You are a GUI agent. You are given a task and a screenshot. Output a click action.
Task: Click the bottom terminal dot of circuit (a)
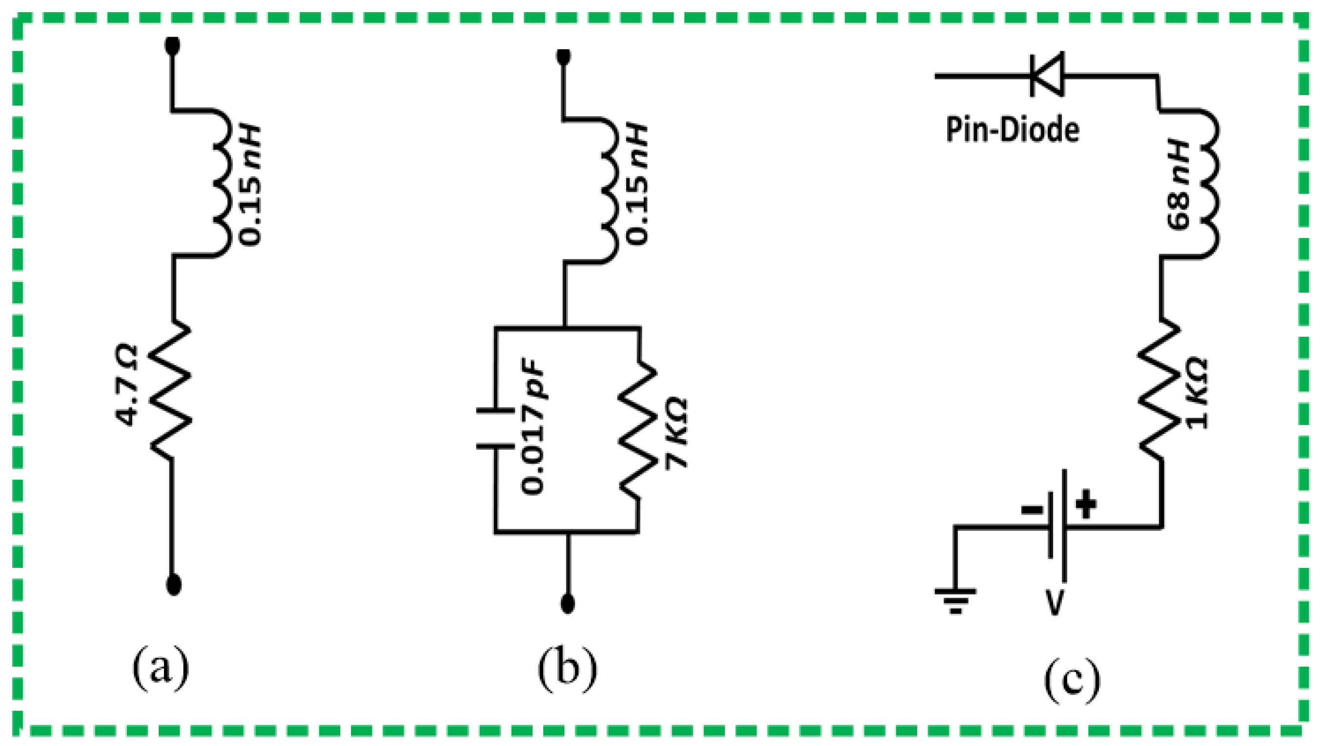point(174,585)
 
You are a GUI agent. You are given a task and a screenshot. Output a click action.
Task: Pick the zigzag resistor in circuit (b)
point(638,431)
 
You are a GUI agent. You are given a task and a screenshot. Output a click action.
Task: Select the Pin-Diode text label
point(1012,130)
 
